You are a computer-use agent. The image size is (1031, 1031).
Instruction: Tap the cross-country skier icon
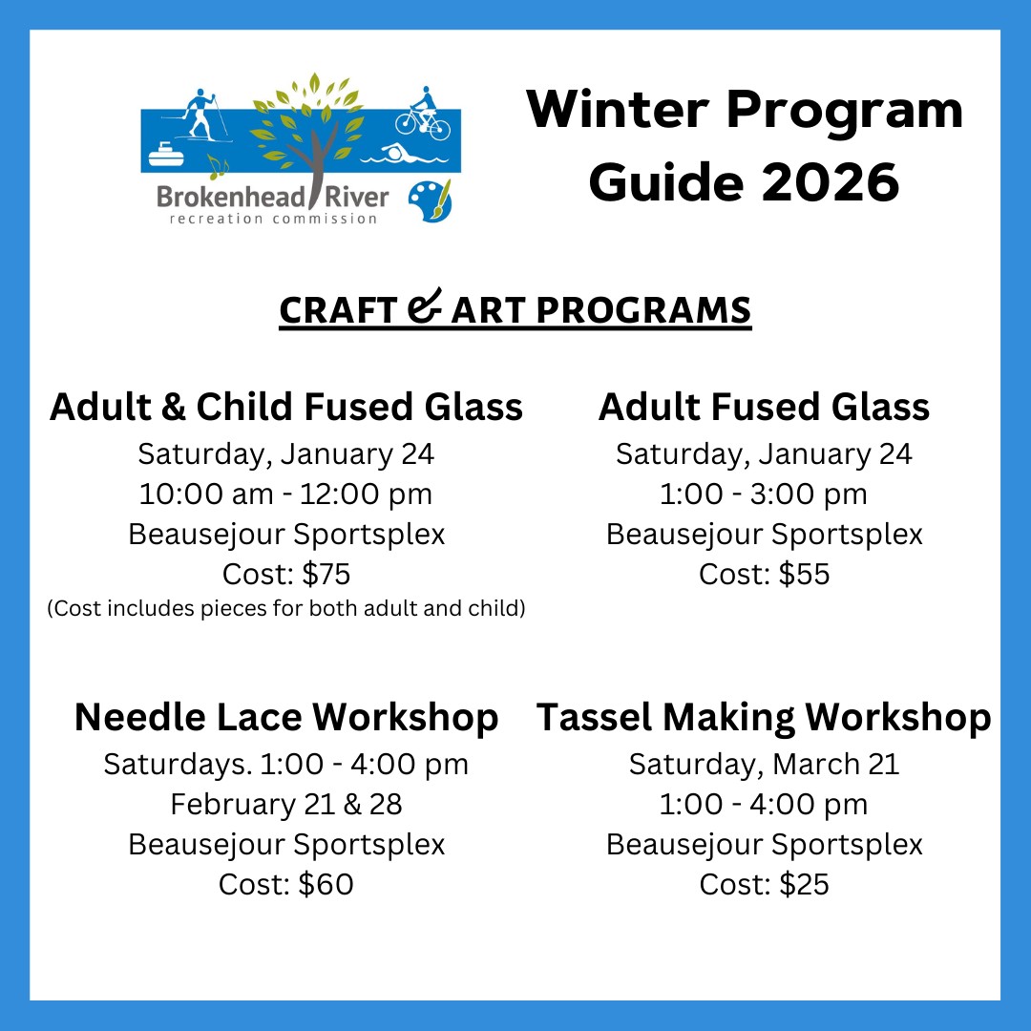198,116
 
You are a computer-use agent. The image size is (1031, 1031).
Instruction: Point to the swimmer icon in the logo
404,154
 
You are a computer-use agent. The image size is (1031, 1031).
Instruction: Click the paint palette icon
430,200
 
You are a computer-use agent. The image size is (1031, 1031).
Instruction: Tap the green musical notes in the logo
218,167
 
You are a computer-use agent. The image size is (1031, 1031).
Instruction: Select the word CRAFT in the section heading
338,310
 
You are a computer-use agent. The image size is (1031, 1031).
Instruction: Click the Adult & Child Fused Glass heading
286,407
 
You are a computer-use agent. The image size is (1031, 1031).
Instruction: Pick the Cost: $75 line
286,574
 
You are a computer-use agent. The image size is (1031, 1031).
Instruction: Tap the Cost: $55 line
764,574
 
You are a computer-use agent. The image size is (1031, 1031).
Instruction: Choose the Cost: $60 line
286,884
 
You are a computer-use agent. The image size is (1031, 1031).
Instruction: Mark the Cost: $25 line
764,884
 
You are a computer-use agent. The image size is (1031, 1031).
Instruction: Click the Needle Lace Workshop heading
286,717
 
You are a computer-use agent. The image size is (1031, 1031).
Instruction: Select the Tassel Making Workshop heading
764,717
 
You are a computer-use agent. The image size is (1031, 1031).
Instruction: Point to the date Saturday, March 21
764,765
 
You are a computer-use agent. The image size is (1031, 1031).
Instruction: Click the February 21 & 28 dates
286,804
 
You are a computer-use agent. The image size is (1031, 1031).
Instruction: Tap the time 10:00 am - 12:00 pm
286,494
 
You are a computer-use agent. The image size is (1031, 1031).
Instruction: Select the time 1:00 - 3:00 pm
764,494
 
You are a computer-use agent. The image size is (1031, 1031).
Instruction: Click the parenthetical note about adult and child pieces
286,608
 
